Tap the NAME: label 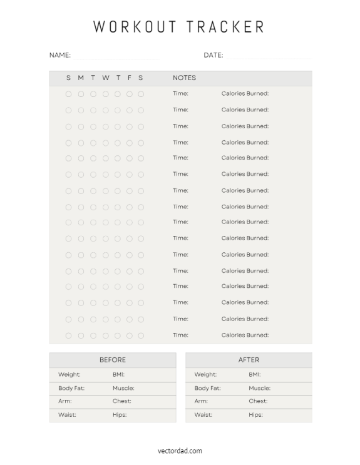click(60, 55)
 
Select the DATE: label click(213, 55)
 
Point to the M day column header click(81, 78)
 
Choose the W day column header click(105, 78)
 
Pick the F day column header click(130, 78)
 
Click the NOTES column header click(184, 78)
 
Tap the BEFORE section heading click(113, 360)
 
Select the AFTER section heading click(249, 360)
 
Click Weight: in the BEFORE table click(69, 375)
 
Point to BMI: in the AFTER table click(254, 375)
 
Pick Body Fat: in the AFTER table click(207, 388)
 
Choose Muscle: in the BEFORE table click(123, 388)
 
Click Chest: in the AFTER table click(258, 401)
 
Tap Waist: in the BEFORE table click(67, 414)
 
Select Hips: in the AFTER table click(255, 414)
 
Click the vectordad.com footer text click(180, 451)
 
